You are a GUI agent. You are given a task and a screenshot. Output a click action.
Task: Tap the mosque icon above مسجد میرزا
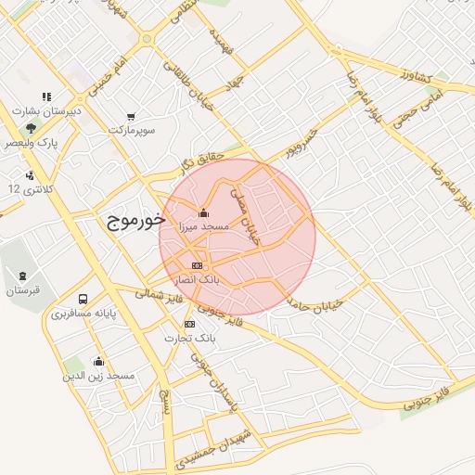(204, 212)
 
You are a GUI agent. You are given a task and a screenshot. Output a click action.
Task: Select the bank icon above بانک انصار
(197, 264)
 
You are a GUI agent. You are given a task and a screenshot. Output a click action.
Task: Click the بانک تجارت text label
(189, 339)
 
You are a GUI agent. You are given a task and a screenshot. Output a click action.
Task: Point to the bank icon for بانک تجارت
(189, 324)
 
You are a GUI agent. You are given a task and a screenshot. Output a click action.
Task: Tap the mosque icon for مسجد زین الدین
(99, 362)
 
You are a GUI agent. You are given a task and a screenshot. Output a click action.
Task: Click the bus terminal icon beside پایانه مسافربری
(83, 300)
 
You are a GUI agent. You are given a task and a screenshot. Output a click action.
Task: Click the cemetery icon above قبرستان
(21, 276)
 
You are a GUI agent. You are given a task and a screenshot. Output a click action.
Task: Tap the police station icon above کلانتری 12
(31, 174)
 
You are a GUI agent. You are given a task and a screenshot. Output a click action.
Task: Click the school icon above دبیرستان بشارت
(46, 96)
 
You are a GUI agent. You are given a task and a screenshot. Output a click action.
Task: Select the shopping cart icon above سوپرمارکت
(131, 117)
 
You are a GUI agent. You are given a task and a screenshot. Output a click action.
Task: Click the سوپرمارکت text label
(131, 131)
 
